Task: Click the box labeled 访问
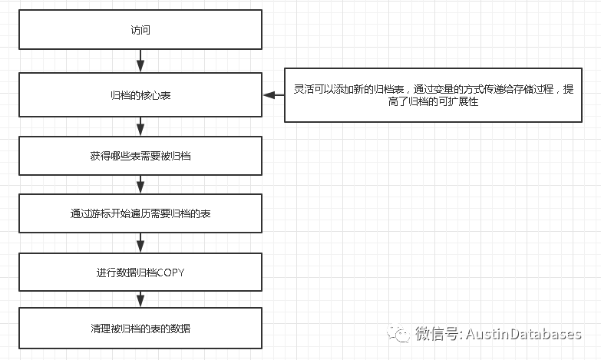[140, 31]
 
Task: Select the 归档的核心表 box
[140, 94]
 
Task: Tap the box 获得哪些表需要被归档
[140, 156]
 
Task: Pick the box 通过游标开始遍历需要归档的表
[140, 213]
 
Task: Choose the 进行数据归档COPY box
[140, 272]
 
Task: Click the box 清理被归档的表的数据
[140, 329]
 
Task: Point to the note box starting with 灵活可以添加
[433, 94]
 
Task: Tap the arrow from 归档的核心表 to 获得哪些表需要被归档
[140, 125]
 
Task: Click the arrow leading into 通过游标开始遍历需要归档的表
[140, 184]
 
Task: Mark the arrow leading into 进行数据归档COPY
[140, 243]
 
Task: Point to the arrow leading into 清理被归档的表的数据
[140, 300]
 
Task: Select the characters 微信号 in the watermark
[436, 334]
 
